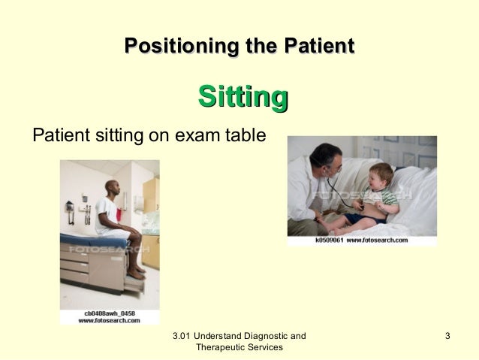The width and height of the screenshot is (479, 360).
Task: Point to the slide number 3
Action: pos(447,335)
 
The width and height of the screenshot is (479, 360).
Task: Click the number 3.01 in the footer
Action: pos(183,335)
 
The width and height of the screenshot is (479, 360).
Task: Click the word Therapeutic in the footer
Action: pos(218,347)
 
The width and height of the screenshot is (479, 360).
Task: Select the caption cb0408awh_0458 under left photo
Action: pos(110,313)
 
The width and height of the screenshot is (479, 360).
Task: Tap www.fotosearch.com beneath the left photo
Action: pos(110,321)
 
